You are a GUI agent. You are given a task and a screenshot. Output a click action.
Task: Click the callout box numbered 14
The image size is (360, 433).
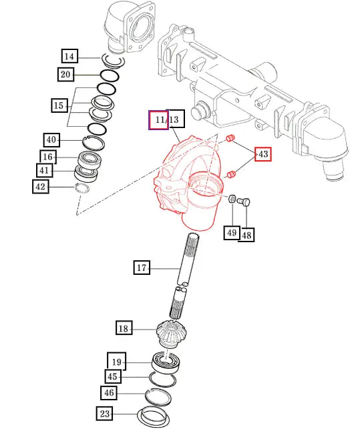[x=69, y=56]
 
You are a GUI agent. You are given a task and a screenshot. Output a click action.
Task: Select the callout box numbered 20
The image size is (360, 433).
[x=66, y=74]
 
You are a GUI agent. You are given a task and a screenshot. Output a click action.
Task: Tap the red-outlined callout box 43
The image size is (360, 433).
[x=263, y=154]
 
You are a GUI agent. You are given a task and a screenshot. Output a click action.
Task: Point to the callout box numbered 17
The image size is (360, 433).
[x=142, y=268]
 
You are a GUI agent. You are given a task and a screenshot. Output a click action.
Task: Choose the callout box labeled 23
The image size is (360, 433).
[x=104, y=414]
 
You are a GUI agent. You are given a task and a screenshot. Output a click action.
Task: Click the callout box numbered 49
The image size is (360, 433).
[x=232, y=233]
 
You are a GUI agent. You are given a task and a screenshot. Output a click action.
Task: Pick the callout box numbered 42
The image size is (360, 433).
[x=41, y=187]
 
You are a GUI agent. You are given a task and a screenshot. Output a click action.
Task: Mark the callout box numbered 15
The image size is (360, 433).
[x=59, y=105]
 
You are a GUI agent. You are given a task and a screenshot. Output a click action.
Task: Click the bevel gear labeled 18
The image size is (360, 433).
[x=171, y=334]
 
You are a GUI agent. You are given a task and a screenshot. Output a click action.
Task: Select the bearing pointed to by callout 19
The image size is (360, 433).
[x=166, y=362]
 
